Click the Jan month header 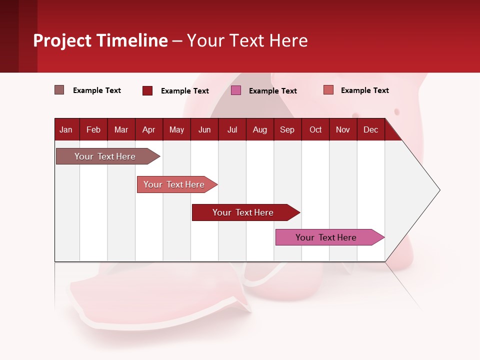coord(66,129)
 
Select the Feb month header coord(93,129)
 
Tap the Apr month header coord(148,129)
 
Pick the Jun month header coord(204,129)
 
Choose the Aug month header coord(259,129)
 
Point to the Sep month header coord(287,129)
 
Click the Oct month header coord(315,129)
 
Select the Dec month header coord(370,129)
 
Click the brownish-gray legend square coord(59,90)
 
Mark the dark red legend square coord(147,90)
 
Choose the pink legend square coord(236,90)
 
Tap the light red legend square coord(328,90)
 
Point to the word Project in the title coord(62,40)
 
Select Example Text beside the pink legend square coord(272,91)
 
